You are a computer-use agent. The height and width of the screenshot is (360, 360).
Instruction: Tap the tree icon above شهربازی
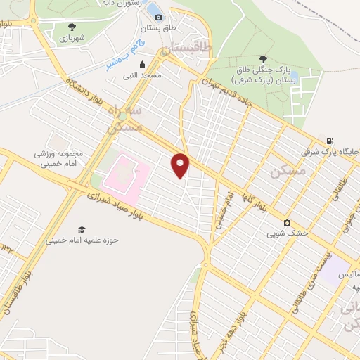pos(71,26)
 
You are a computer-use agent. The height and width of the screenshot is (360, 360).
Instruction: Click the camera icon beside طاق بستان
pos(158,17)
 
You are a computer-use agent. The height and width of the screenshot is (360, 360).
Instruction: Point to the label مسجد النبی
pos(143,75)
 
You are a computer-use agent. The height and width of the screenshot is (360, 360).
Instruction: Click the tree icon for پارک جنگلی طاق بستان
pos(263,59)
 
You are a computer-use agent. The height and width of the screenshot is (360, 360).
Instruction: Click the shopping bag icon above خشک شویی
pos(287,223)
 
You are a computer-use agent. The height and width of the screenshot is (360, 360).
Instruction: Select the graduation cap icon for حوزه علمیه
pos(82,229)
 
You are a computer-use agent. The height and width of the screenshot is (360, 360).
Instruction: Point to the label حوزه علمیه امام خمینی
pos(82,240)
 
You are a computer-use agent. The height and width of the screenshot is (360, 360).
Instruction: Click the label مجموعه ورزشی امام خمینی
pos(58,159)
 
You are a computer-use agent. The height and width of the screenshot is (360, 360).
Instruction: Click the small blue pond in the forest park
pos(293,76)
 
